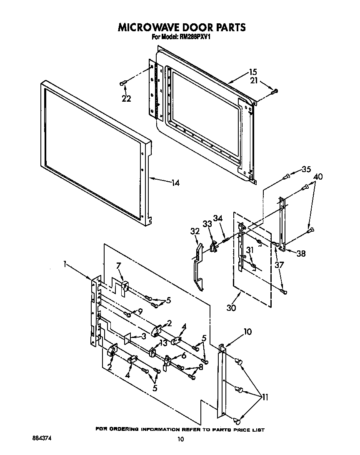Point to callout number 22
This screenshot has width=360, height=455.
[126, 99]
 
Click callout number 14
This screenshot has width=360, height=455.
[175, 182]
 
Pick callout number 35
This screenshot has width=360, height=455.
[306, 169]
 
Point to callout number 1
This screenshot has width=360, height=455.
[65, 263]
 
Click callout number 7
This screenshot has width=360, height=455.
[118, 265]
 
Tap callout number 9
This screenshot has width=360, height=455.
[140, 310]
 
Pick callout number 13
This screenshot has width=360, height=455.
[163, 342]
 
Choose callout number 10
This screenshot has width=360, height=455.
[247, 332]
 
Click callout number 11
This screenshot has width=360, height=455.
[265, 397]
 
